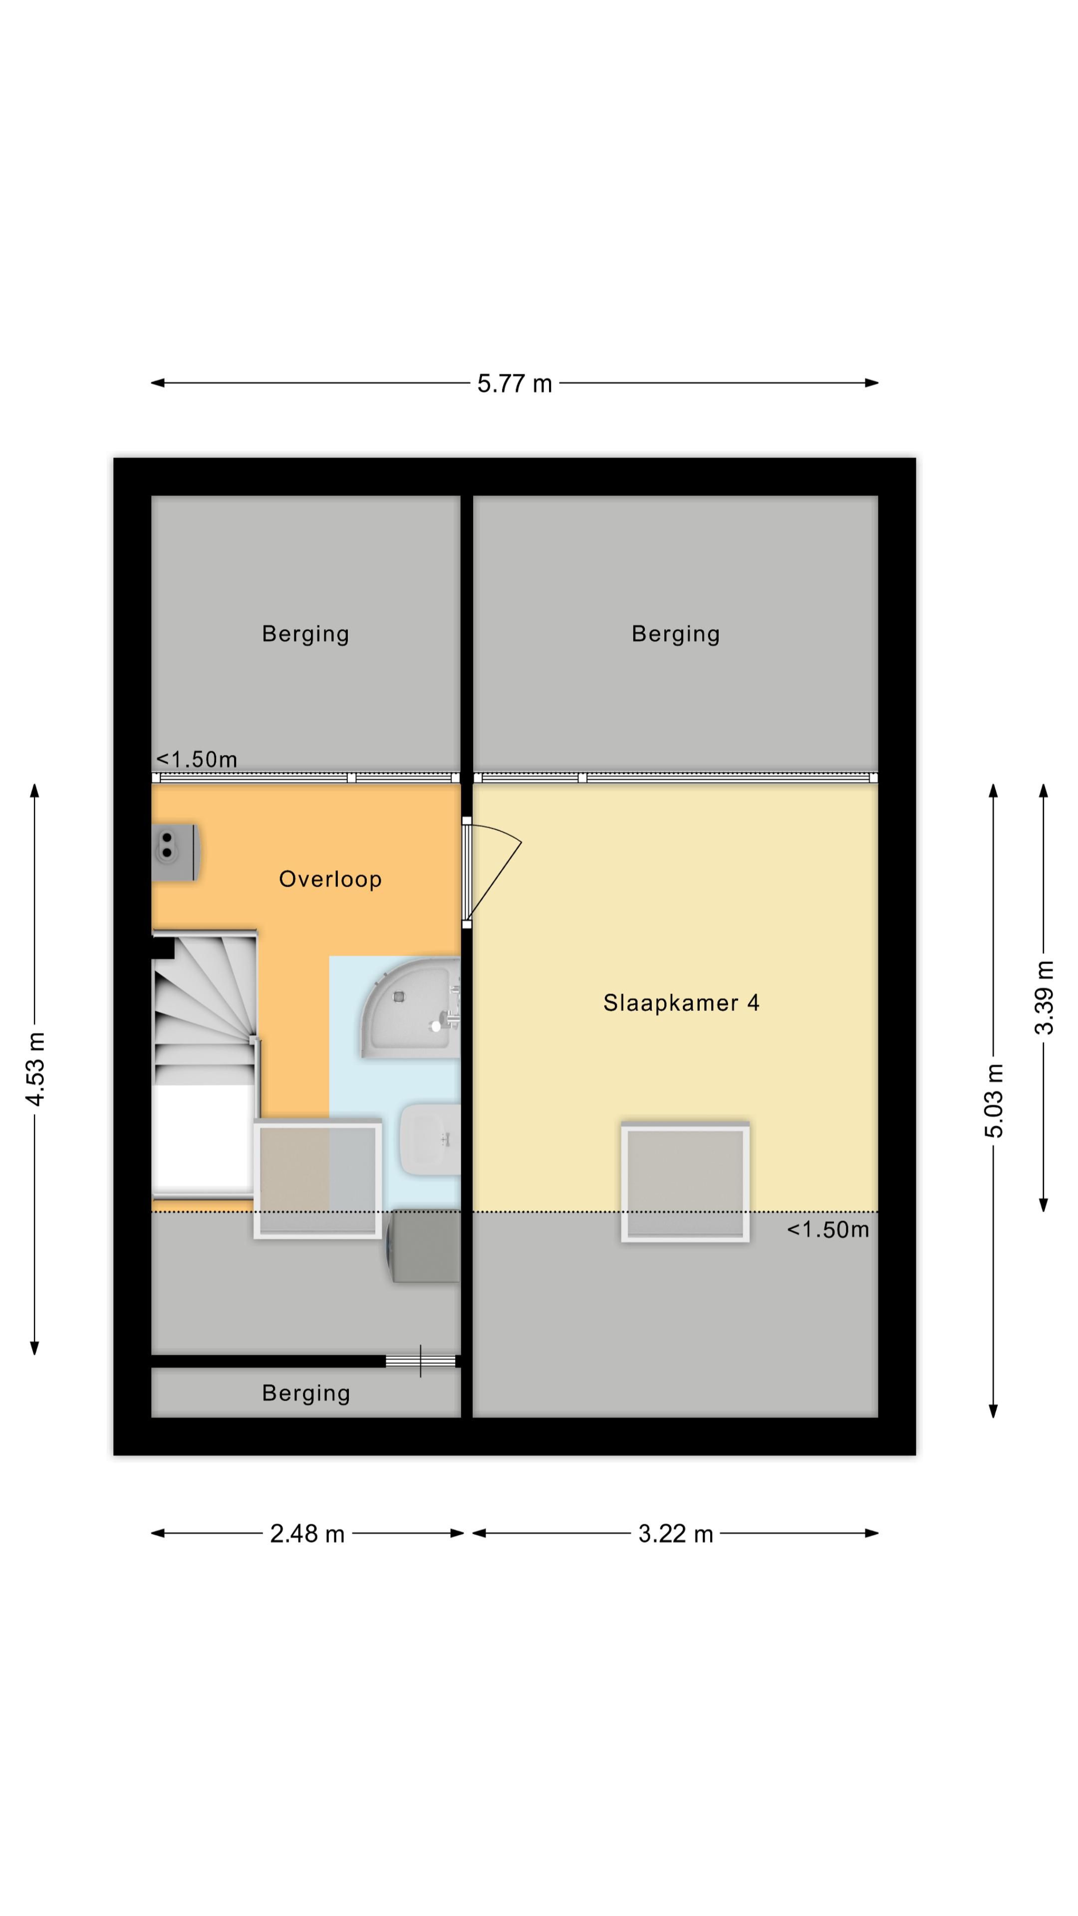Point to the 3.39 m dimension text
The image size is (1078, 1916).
(1044, 997)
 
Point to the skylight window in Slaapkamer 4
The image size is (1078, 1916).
(685, 1183)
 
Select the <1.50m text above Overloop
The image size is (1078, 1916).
(197, 759)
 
